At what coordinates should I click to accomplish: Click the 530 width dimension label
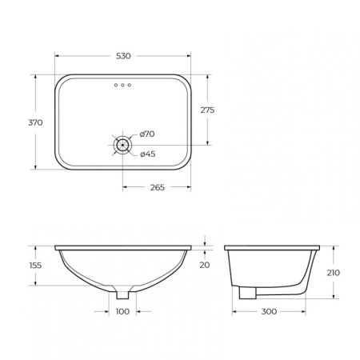(122, 56)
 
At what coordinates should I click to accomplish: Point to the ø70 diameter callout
(146, 134)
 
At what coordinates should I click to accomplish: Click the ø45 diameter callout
(146, 154)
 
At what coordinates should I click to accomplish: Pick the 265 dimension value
(157, 187)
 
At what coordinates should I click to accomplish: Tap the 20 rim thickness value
(206, 265)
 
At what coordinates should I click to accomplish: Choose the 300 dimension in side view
(269, 310)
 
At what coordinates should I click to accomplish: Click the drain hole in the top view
(122, 145)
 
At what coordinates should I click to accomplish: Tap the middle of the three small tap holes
(122, 85)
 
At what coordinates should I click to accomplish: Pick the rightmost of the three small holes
(130, 85)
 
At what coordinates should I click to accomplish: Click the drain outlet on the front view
(122, 290)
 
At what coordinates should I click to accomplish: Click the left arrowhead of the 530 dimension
(57, 56)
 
